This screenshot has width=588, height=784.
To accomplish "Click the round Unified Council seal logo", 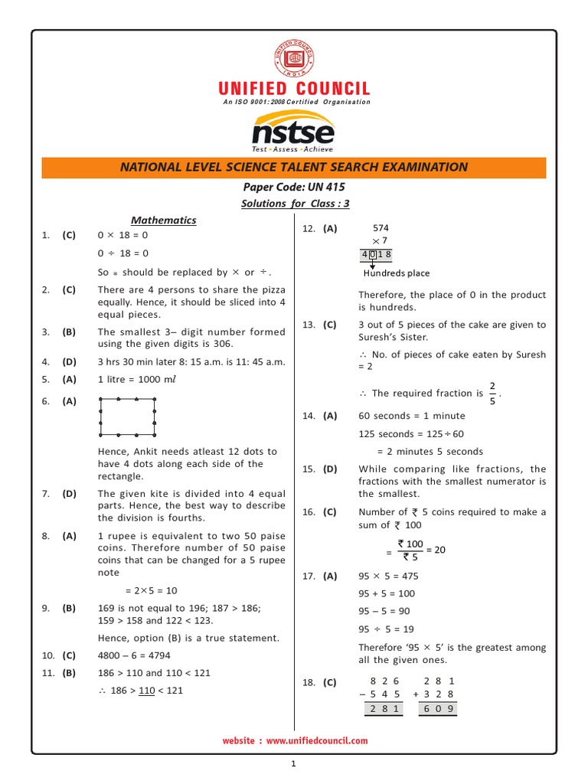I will pos(294,57).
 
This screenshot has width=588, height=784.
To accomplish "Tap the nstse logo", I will pos(293,132).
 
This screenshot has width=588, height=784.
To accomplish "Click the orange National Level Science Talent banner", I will pos(294,167).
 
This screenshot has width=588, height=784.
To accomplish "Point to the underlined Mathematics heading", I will pos(164,220).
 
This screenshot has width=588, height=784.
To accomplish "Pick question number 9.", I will pos(46,608).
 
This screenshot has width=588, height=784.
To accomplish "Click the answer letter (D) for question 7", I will pos(70,494).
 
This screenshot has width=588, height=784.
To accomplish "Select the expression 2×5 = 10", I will pos(151,591).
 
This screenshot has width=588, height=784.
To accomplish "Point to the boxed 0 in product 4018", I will pos(372,255).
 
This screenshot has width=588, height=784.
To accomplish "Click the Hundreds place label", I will pos(397,273).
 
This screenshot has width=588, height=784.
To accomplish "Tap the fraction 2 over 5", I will pos(492,393).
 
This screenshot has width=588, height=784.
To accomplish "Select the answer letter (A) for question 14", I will pos(330,416).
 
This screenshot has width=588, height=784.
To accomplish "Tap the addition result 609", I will pos(439,709).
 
